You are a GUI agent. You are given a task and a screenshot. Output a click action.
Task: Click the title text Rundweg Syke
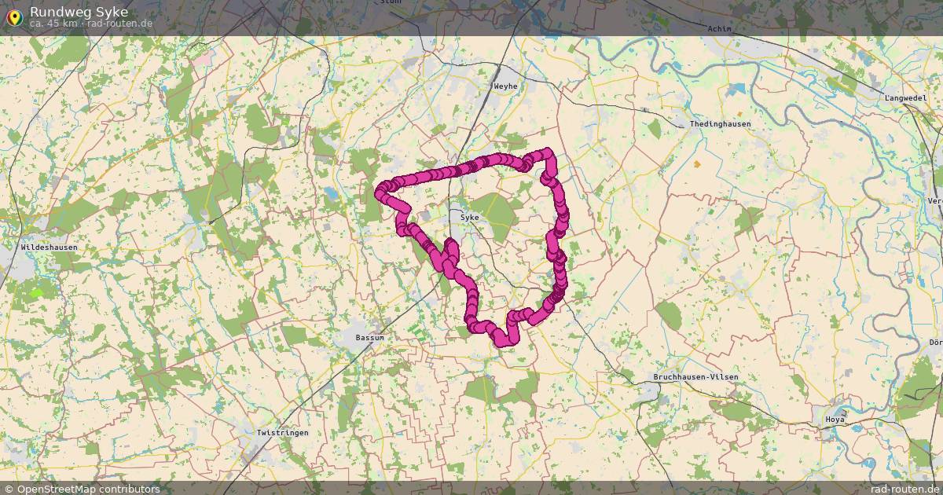(x=79, y=12)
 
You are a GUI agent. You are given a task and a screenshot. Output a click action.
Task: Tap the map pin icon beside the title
(x=14, y=16)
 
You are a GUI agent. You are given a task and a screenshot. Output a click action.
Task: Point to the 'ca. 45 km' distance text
(x=53, y=24)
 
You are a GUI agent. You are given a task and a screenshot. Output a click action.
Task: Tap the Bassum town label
(x=369, y=338)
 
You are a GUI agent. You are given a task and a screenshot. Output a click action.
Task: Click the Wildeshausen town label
(x=49, y=247)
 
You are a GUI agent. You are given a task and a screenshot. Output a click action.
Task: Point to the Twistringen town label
(x=282, y=433)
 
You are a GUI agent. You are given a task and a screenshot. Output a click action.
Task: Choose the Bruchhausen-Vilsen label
(x=696, y=377)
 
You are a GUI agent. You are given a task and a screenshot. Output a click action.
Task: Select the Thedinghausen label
(x=720, y=124)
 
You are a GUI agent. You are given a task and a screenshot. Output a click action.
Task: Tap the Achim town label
(x=719, y=29)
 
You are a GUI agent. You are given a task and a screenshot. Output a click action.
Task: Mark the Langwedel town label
(x=905, y=98)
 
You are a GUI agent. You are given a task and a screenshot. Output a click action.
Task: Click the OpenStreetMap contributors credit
(x=88, y=489)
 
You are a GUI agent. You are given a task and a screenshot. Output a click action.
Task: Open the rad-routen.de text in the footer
(x=905, y=489)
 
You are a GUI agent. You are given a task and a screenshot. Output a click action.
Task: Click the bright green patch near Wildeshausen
(x=35, y=292)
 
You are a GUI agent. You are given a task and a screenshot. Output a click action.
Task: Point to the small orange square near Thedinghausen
(x=696, y=164)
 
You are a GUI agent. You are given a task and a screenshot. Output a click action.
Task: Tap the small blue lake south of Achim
(x=739, y=89)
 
